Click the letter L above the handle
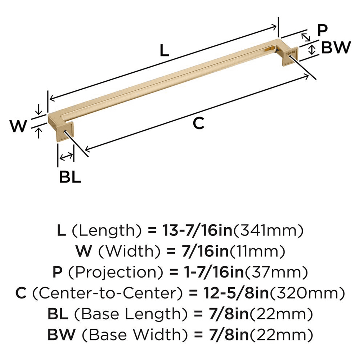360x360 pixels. [x=164, y=50]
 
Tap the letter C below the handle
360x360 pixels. [x=198, y=123]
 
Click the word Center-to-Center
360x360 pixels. [x=105, y=293]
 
